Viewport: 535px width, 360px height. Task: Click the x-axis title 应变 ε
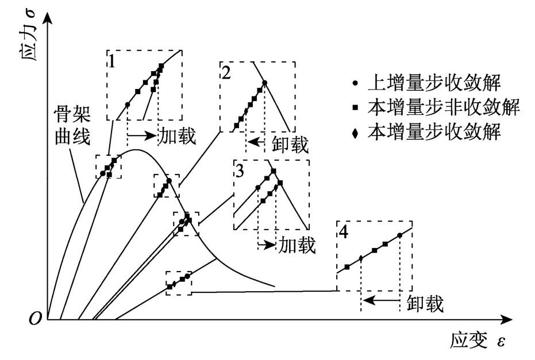pos(478,342)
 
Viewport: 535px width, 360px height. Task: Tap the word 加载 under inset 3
pos(297,245)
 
